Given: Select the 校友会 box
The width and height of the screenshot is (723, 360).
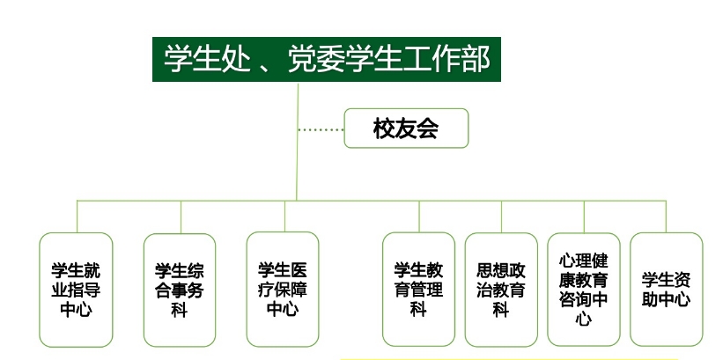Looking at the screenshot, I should click(406, 129).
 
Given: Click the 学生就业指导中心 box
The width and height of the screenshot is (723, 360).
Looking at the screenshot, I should click(77, 289).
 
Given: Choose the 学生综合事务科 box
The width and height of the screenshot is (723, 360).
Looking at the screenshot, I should click(180, 289).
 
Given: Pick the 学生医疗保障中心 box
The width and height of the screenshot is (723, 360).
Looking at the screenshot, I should click(283, 289).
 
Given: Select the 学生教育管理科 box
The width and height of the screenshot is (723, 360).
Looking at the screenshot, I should click(418, 289).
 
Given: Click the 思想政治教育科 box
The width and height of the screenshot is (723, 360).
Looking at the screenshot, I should click(501, 289).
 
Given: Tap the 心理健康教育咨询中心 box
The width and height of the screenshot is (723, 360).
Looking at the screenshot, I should click(583, 289).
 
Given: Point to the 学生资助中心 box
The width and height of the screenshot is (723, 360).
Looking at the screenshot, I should click(666, 289).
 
